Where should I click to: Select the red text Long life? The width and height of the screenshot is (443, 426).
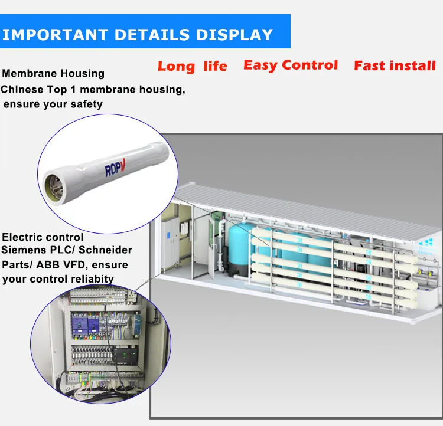[192, 66]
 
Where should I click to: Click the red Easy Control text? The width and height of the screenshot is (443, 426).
[291, 65]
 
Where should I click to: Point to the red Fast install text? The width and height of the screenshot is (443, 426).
[395, 65]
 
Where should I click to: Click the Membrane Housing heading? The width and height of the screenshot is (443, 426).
[53, 74]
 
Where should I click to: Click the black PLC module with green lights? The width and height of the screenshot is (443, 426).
[125, 355]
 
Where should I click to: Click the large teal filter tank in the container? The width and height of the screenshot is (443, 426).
[243, 251]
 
